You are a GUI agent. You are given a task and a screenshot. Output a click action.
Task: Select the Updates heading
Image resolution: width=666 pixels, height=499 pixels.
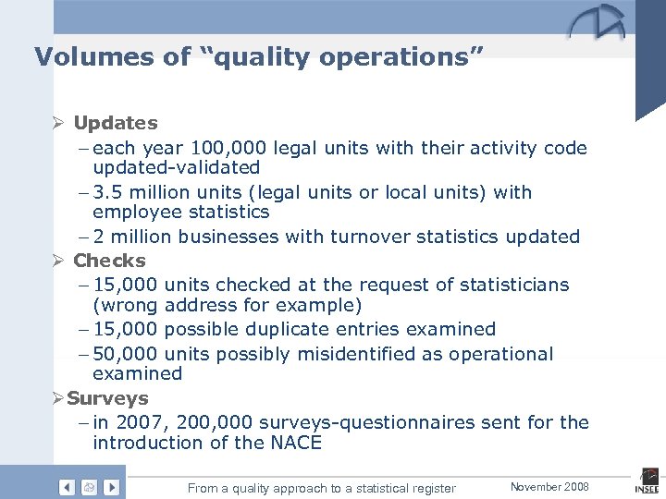pyautogui.click(x=116, y=123)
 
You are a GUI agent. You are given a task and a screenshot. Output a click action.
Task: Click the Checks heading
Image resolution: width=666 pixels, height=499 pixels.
pyautogui.click(x=109, y=261)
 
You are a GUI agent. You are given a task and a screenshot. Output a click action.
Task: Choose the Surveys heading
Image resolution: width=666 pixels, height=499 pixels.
pyautogui.click(x=107, y=398)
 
